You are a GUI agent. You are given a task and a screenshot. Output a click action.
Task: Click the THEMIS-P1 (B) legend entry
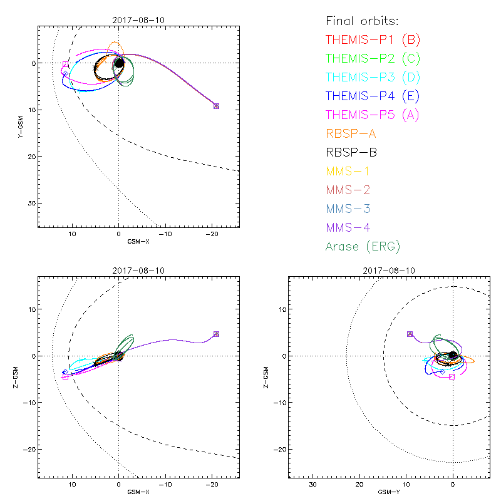tap(373, 40)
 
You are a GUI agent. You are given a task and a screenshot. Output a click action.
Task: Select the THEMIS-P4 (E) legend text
tap(373, 96)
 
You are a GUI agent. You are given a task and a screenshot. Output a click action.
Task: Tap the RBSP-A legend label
tap(351, 133)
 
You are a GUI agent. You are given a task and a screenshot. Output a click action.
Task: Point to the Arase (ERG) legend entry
tap(363, 246)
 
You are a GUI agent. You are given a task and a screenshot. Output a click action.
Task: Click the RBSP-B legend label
tap(351, 152)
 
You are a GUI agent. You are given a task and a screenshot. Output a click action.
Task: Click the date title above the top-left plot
tap(138, 19)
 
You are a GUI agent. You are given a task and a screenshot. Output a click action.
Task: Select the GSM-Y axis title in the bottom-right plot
tap(389, 492)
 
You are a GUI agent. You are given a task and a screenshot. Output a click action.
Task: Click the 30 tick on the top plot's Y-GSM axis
tap(30, 204)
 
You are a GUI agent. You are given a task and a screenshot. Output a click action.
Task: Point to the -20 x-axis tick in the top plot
tap(212, 234)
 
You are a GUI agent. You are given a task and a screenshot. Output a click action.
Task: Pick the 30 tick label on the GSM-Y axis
tap(312, 485)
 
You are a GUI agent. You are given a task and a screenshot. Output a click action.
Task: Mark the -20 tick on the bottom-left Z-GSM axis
tap(28, 449)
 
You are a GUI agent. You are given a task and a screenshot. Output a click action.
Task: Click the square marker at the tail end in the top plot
tap(216, 106)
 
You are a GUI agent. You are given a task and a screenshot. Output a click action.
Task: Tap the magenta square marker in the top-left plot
tap(65, 65)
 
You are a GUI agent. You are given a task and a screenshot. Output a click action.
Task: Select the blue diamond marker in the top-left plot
tap(65, 74)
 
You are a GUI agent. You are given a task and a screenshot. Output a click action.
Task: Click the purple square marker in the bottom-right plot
tap(410, 334)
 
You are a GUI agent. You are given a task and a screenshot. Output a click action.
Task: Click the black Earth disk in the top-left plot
tap(119, 63)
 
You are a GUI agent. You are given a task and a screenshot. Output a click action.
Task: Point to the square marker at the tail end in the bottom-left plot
tap(216, 334)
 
